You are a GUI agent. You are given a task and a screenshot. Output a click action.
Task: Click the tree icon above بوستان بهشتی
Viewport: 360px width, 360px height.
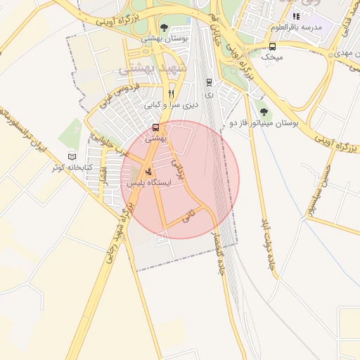pyautogui.click(x=164, y=27)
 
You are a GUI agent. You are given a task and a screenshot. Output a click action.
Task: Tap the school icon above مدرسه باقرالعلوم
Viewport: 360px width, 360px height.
pyautogui.click(x=296, y=16)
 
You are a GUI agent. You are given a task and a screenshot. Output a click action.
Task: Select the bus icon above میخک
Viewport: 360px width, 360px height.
pyautogui.click(x=272, y=46)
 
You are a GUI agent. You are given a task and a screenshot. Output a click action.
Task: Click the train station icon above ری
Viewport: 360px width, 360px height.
pyautogui.click(x=208, y=82)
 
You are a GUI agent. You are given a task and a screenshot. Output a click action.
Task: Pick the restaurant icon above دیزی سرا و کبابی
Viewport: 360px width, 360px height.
pyautogui.click(x=171, y=94)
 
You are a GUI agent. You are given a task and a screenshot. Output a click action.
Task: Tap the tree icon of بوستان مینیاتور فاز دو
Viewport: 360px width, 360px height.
pyautogui.click(x=264, y=111)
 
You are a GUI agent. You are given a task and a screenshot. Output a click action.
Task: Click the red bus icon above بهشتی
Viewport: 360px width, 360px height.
pyautogui.click(x=155, y=127)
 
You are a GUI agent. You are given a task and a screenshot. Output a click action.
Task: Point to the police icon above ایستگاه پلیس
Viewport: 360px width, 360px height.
pyautogui.click(x=148, y=171)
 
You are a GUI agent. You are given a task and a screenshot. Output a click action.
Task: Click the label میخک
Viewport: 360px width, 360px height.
pyautogui.click(x=272, y=58)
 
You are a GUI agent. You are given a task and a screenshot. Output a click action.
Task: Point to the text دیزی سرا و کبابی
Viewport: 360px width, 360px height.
pyautogui.click(x=172, y=105)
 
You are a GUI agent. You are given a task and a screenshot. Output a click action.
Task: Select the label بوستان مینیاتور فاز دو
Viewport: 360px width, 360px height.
pyautogui.click(x=264, y=123)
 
